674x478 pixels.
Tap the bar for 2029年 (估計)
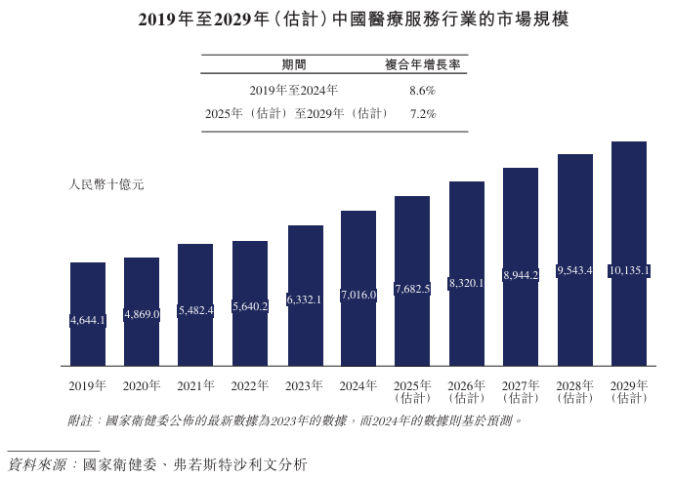coord(629,254)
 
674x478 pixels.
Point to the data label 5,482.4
coord(195,310)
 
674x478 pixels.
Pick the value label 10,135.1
coord(629,270)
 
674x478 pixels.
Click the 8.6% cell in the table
coord(422,90)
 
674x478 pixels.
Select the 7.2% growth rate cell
coord(422,114)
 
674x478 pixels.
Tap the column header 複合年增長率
coord(422,64)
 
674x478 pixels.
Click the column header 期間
coord(293,64)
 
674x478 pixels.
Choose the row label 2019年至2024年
coord(293,90)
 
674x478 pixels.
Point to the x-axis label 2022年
coord(250,385)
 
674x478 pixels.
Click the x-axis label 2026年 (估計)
coord(467,391)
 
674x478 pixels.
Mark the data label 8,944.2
coord(521,276)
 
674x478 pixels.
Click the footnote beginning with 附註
coord(294,420)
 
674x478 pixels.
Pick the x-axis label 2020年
coord(142,385)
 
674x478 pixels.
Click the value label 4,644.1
coord(88,320)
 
